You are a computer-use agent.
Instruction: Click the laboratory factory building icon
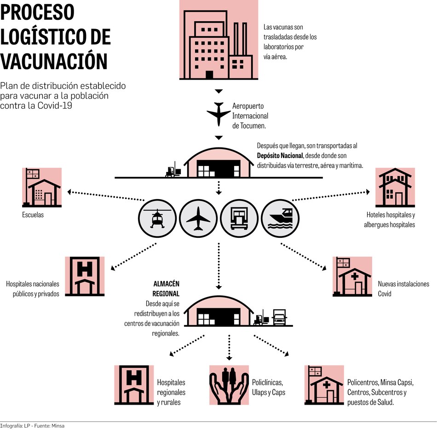(218, 41)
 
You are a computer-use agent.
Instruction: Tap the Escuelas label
(33, 215)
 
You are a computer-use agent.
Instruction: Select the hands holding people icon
(229, 385)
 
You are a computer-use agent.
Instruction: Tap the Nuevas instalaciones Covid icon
(352, 277)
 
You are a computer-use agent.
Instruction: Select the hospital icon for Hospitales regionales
(134, 385)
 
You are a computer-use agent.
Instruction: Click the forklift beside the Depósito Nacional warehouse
(172, 171)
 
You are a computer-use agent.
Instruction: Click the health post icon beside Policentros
(324, 385)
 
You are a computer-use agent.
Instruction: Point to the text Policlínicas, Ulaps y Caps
(269, 387)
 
